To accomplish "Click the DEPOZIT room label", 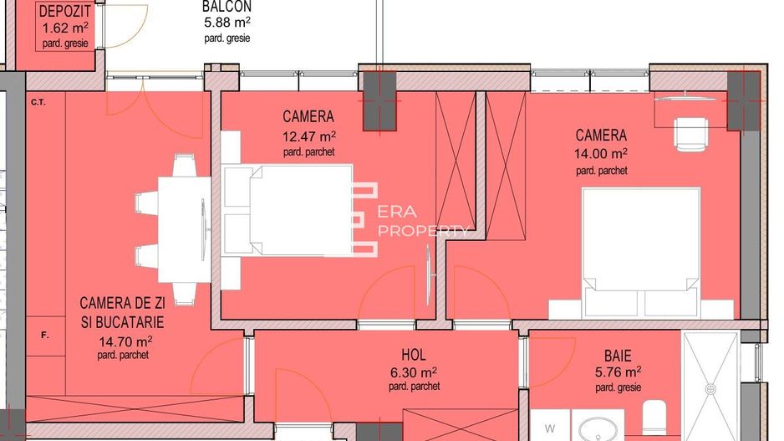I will pos(64,12).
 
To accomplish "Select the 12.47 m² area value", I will pos(309,135).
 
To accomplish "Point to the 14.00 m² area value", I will pos(602,154).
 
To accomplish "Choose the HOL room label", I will pos(414,355).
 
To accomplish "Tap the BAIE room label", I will pos(618,355).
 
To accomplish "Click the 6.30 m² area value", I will pos(414,372).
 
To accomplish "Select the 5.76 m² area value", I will pos(618,372).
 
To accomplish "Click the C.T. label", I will pos(38,103).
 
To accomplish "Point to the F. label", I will pos(45,336).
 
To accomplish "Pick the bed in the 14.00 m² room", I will pos(641,251).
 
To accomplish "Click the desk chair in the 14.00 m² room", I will pos(691,134).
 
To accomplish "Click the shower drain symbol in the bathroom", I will pos(710,388).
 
